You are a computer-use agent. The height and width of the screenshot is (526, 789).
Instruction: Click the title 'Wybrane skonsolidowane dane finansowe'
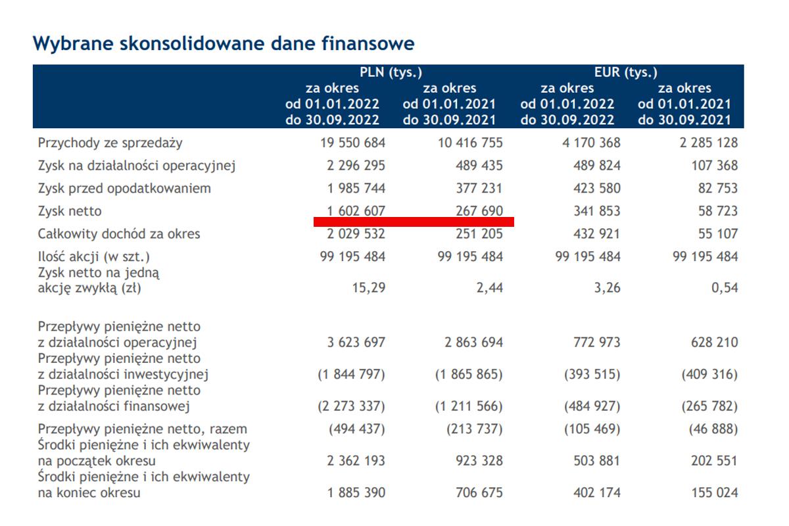(224, 43)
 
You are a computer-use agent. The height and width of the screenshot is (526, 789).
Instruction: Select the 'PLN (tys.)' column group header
(391, 72)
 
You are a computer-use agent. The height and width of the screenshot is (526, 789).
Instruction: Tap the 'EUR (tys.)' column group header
(626, 72)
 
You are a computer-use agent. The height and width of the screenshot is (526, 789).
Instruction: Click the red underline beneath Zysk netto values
(414, 222)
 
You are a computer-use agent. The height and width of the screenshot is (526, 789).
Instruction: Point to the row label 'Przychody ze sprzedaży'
(110, 143)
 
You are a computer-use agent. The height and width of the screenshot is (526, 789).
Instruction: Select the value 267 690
(479, 211)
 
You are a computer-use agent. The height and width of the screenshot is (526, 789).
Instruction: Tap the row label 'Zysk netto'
(70, 211)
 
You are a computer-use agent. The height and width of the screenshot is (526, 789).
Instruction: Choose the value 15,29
(369, 287)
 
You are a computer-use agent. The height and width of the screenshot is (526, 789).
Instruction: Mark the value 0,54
(724, 287)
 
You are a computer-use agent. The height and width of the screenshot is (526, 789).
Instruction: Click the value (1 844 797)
(351, 375)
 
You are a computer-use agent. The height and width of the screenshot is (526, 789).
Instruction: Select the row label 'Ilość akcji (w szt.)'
(98, 257)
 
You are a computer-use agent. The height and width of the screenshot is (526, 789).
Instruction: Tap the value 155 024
(714, 492)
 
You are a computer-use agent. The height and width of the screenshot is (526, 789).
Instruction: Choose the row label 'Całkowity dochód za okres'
(119, 234)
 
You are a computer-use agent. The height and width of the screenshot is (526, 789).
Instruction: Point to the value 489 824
(596, 166)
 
